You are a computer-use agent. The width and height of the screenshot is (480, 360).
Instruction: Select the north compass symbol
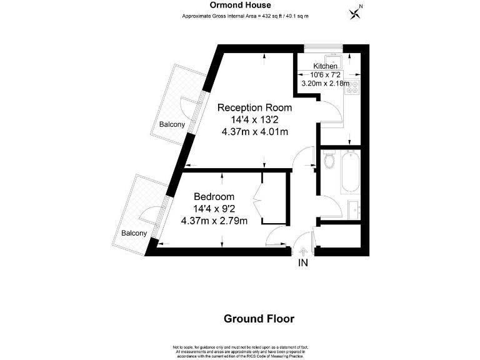pyautogui.click(x=357, y=12)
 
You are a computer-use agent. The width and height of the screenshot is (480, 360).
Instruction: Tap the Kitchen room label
pyautogui.click(x=325, y=66)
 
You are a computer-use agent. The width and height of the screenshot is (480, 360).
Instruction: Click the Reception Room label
pyautogui.click(x=254, y=107)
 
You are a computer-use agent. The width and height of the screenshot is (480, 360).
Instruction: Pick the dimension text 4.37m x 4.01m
pyautogui.click(x=254, y=131)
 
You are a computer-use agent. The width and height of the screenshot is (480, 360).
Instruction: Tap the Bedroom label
pyautogui.click(x=214, y=196)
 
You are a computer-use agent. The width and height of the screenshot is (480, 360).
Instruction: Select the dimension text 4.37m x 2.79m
pyautogui.click(x=214, y=220)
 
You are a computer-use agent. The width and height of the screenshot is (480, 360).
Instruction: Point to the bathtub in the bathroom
pyautogui.click(x=350, y=172)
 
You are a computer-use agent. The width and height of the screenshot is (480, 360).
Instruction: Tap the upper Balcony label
pyautogui.click(x=171, y=124)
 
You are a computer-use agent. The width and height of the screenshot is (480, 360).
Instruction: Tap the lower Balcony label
pyautogui.click(x=134, y=233)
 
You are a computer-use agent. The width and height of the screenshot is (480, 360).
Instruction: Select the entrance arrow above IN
pyautogui.click(x=303, y=252)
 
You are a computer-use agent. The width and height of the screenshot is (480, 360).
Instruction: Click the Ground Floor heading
pyautogui.click(x=259, y=319)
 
